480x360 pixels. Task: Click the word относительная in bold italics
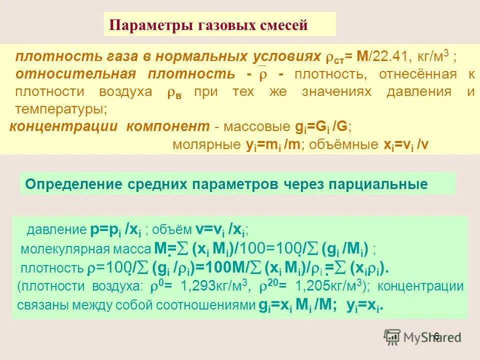[x=75, y=74]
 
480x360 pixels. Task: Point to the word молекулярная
[x=59, y=248]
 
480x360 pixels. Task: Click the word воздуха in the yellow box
[x=132, y=92]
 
